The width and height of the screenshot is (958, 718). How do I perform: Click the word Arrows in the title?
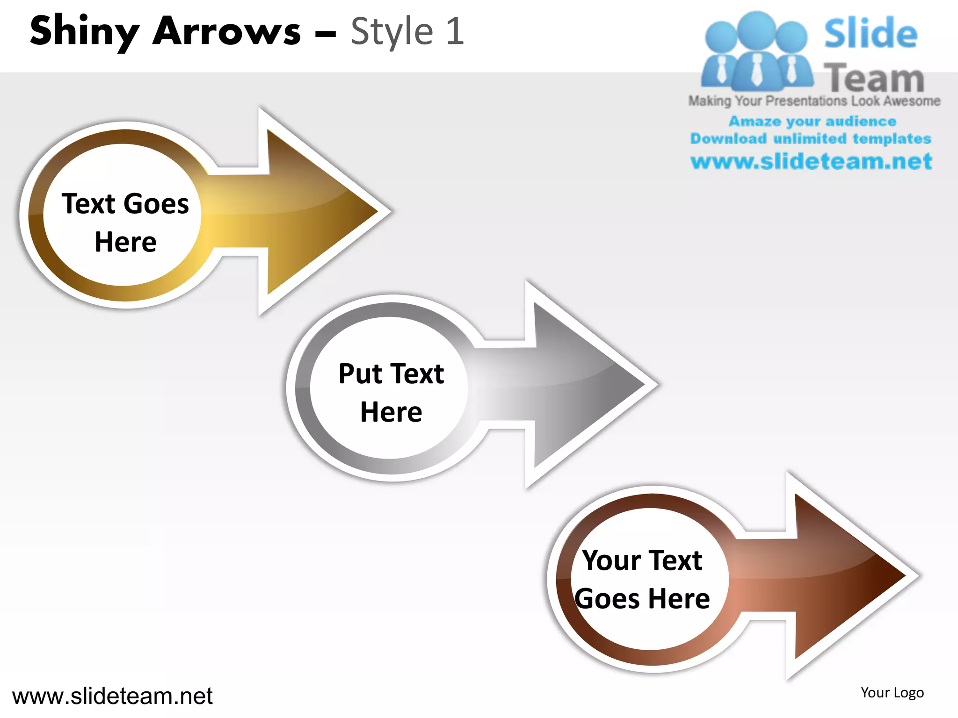226,32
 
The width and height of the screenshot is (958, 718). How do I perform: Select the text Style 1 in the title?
407,32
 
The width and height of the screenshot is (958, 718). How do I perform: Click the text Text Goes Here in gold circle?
125,223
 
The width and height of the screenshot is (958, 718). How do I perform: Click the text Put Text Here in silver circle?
391,393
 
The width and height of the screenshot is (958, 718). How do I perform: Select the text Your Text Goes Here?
642,580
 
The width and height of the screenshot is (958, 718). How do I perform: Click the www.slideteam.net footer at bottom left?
112,696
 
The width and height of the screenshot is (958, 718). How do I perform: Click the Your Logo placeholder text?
892,692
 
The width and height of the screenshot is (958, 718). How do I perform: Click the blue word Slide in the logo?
870,34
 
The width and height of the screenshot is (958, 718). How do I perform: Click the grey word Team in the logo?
874,78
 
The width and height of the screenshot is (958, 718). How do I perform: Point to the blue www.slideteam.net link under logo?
811,161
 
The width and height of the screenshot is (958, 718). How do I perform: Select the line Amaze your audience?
812,121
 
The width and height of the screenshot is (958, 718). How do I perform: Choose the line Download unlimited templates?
811,138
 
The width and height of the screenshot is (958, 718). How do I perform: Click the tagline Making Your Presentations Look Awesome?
814,101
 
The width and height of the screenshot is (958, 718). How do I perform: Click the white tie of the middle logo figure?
756,70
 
